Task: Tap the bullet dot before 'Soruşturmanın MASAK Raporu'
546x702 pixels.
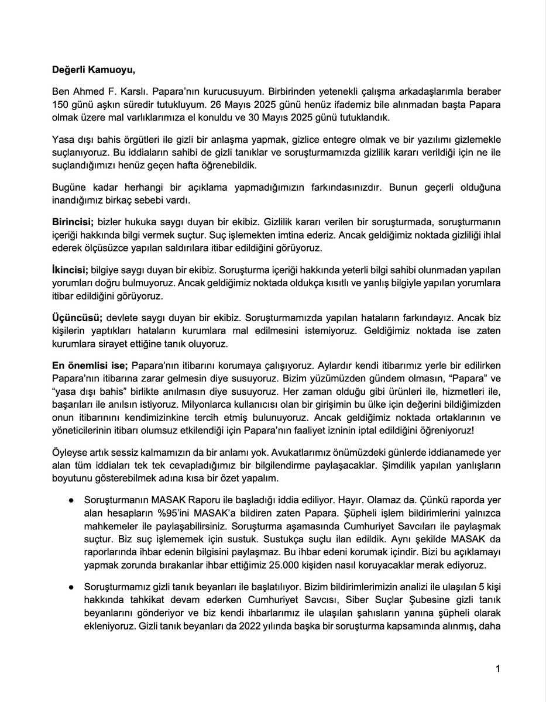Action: [71, 502]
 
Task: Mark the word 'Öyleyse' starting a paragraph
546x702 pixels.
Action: [69, 453]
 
